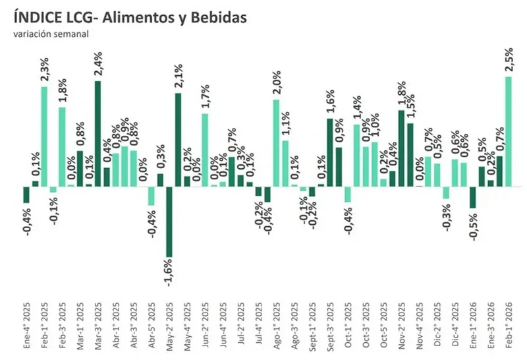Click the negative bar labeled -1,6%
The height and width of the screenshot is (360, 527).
point(169,222)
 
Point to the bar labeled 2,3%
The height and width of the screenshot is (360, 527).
point(45,136)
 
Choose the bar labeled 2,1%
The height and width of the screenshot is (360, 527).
point(178,140)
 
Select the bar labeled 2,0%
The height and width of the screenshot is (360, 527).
point(276,142)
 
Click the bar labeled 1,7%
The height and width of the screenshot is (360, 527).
point(205,150)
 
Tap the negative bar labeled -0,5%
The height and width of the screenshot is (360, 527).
point(472,197)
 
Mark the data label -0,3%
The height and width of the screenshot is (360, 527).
point(446,216)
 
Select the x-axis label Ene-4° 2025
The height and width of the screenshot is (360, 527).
point(26,326)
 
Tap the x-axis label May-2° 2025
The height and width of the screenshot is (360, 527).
point(169,326)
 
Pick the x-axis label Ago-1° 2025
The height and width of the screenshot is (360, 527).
point(276,326)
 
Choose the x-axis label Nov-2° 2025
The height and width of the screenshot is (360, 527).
point(401,326)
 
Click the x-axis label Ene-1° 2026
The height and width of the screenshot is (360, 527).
point(472,326)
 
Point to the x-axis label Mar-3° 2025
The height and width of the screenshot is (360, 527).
point(97,326)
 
